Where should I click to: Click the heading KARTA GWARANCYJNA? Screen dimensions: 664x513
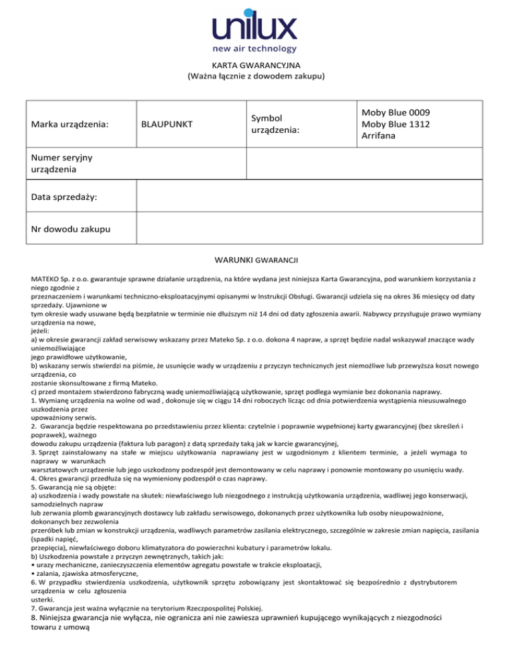coord(256,65)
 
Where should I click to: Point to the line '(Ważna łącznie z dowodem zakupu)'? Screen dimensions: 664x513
coord(256,76)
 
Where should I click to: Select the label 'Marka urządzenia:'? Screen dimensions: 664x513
coord(69,124)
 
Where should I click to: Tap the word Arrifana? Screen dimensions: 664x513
coord(379,136)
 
